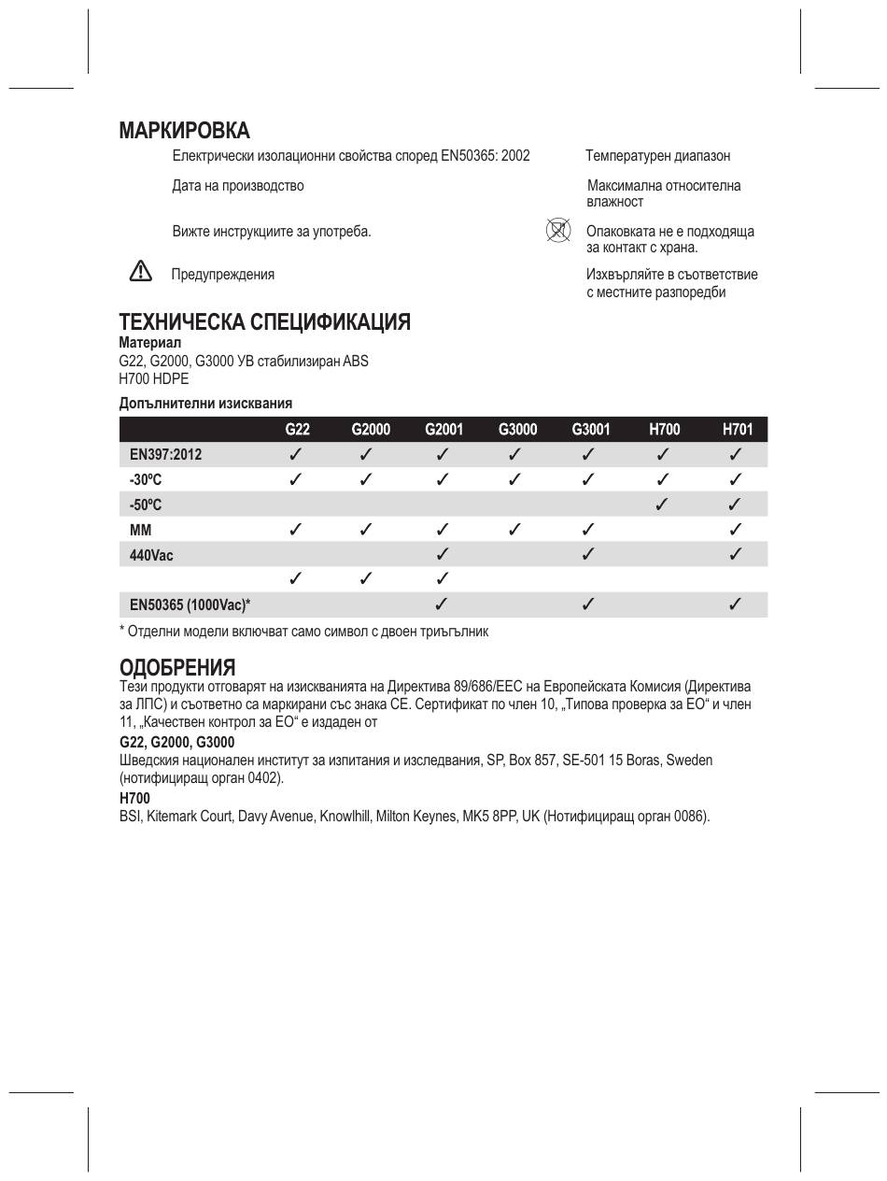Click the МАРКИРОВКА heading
184,130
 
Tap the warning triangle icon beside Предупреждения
140,272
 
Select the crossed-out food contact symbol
557,230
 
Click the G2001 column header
443,430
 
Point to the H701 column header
737,430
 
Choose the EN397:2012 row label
165,455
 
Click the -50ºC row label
146,505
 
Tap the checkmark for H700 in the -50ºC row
663,505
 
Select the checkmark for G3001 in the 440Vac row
589,555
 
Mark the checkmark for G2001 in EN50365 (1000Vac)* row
443,605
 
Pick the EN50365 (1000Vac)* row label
190,605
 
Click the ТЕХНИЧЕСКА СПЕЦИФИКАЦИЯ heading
264,322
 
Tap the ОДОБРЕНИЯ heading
177,667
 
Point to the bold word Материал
150,343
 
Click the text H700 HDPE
154,378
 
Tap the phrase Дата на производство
238,186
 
